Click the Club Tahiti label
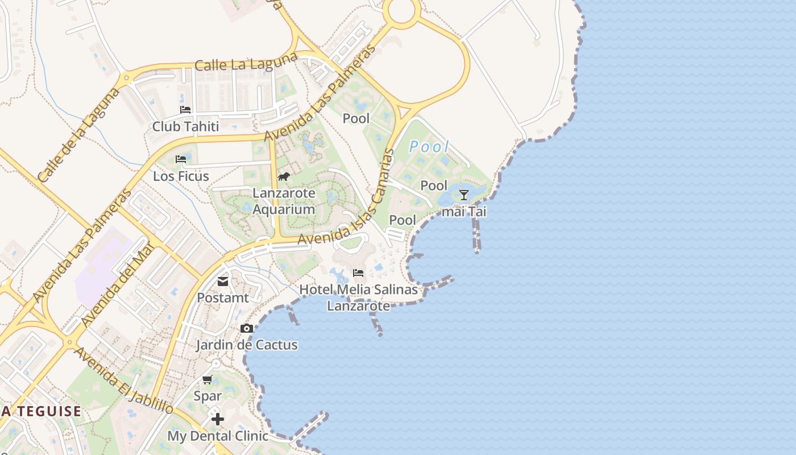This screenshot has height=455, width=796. (185, 126)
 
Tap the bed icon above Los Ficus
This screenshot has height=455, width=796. (181, 159)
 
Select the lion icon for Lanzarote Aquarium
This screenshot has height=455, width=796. (283, 176)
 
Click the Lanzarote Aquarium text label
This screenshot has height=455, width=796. (284, 201)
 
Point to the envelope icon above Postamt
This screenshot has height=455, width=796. (222, 281)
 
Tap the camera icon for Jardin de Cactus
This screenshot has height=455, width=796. (246, 328)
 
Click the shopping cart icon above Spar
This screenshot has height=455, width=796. (208, 379)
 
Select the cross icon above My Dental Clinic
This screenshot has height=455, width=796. (217, 420)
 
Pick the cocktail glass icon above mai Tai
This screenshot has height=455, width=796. (464, 195)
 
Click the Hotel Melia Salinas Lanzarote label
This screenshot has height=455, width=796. (358, 297)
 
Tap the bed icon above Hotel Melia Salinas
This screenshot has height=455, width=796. (358, 273)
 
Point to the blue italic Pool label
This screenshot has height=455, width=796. (429, 147)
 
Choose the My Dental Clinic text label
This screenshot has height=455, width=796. (217, 436)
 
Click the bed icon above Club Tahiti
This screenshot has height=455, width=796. (185, 110)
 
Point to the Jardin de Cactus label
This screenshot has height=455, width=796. (247, 345)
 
